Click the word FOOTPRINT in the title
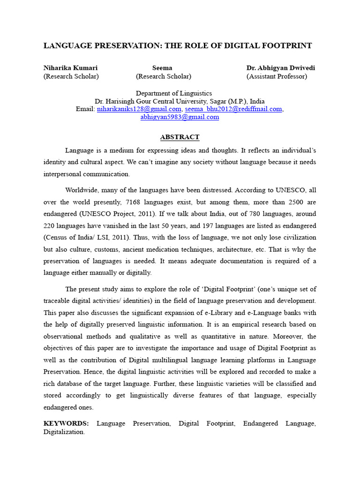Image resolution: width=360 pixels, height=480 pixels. coord(284,45)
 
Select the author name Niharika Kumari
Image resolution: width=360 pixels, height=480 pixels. coord(71,68)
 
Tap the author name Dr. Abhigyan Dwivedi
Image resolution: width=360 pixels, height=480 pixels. coord(281,68)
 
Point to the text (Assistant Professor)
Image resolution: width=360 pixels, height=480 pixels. coord(277,76)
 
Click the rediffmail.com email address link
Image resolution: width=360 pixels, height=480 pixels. coord(233,109)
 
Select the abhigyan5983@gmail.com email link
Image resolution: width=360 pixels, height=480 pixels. coord(180,117)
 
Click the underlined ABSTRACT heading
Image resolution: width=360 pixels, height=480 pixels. coord(180,137)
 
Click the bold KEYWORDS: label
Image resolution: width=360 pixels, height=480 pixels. coord(66,423)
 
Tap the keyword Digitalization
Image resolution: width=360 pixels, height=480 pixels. coord(64,432)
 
